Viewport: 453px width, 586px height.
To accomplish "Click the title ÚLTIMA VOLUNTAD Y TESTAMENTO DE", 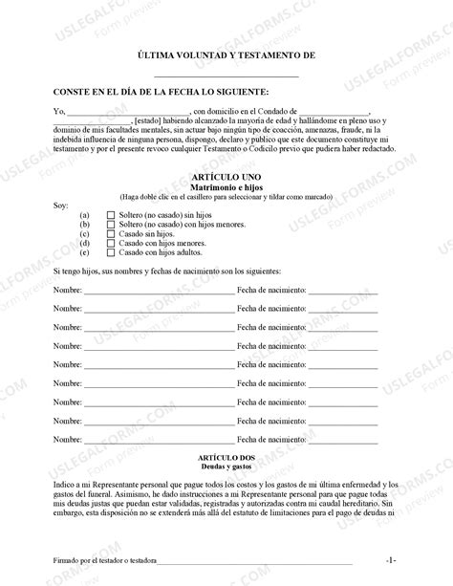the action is click(x=226, y=56).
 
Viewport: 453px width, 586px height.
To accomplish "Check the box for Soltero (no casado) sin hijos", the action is click(x=112, y=216).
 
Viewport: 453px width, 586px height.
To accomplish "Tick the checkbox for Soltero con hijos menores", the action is click(x=112, y=226).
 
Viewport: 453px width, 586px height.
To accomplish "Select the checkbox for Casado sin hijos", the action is click(x=112, y=234).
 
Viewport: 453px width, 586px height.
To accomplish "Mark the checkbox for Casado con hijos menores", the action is click(x=112, y=244).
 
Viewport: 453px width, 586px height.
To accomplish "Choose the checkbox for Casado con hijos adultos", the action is click(x=112, y=252).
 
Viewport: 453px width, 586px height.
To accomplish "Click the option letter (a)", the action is click(x=86, y=216).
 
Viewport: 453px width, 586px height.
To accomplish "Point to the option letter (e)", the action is click(x=86, y=252).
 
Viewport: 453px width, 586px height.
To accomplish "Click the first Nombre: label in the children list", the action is click(x=68, y=288).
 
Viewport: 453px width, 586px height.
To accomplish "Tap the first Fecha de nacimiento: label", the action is click(x=271, y=288).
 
